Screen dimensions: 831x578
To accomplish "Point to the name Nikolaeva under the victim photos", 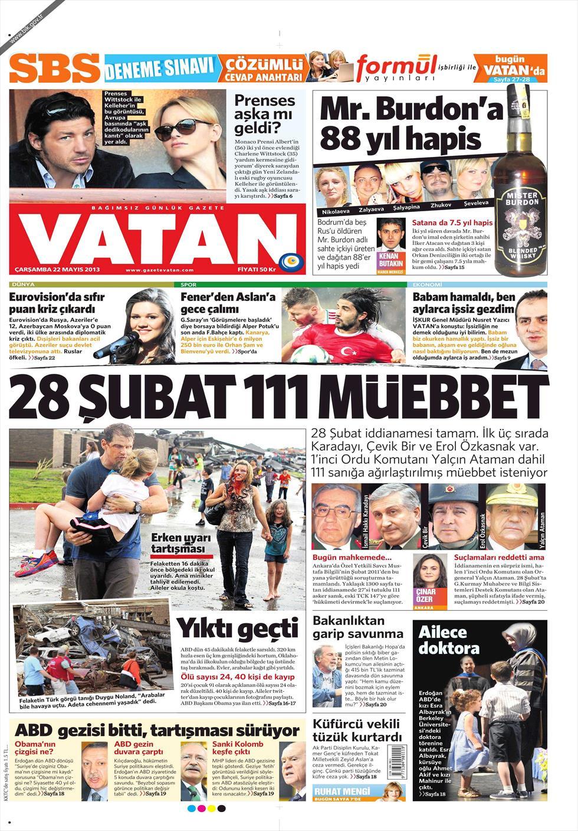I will [x=335, y=210].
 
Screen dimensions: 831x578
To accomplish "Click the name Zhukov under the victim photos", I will [x=441, y=205].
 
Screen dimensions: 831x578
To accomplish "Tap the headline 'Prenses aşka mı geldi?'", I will [x=264, y=114].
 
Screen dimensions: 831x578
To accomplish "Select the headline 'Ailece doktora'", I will [x=449, y=640].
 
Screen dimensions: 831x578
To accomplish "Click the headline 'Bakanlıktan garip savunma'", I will [x=357, y=627].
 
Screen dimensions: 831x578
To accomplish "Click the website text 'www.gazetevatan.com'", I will [x=159, y=270].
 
